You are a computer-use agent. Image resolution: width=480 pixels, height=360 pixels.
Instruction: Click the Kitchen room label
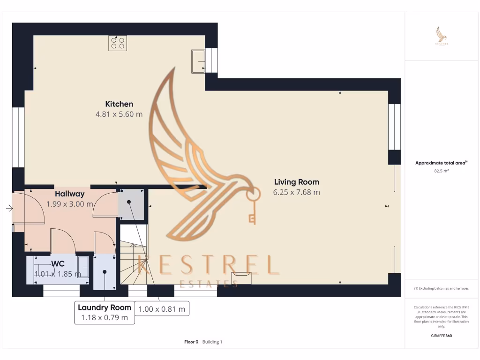click(x=119, y=104)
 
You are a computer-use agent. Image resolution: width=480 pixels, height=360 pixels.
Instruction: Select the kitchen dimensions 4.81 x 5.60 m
click(x=119, y=114)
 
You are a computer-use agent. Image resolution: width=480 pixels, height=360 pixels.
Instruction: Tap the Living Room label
click(x=296, y=182)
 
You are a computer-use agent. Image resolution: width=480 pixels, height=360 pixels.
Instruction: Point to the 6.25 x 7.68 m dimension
click(x=296, y=192)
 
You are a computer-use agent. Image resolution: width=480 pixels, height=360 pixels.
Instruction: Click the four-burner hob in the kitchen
click(x=118, y=43)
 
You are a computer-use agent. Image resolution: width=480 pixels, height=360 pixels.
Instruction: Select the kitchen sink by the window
click(x=198, y=61)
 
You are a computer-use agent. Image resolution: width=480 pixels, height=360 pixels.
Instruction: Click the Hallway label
click(x=69, y=194)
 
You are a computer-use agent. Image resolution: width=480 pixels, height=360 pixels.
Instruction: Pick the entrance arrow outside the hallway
click(x=9, y=208)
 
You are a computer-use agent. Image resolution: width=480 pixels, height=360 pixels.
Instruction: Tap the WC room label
click(x=58, y=263)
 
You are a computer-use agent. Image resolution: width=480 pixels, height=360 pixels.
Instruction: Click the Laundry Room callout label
click(x=104, y=307)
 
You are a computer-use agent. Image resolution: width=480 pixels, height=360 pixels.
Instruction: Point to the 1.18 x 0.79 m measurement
click(x=104, y=318)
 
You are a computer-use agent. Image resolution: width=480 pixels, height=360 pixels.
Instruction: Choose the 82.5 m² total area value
click(x=442, y=172)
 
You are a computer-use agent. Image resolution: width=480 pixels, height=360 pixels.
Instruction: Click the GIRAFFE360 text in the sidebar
click(x=442, y=336)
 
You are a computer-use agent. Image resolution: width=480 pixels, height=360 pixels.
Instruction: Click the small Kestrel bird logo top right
click(x=442, y=35)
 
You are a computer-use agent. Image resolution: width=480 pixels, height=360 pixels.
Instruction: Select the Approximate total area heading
click(x=441, y=163)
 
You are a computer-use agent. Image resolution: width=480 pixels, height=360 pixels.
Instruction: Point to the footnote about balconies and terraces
click(x=442, y=288)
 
